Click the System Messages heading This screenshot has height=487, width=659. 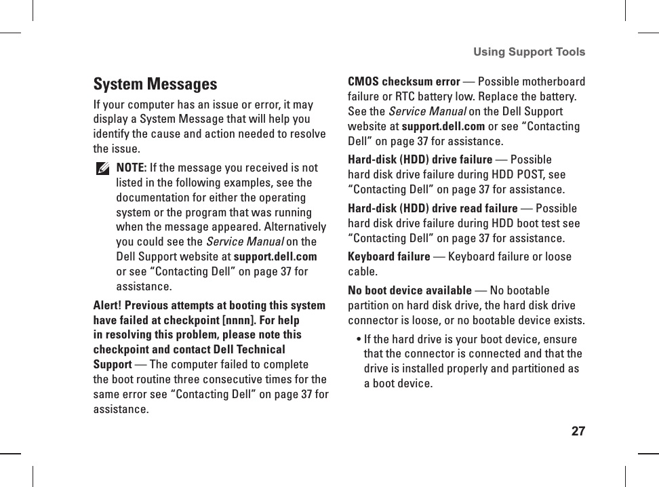click(x=155, y=85)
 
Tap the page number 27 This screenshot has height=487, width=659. click(x=578, y=431)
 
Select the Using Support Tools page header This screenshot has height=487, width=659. click(x=529, y=52)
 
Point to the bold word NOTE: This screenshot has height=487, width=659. click(x=132, y=168)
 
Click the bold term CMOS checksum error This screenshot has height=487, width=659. click(x=403, y=82)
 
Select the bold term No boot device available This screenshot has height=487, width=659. click(x=410, y=290)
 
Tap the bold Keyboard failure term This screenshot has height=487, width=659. click(x=388, y=256)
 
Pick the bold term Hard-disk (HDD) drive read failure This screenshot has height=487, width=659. click(x=433, y=208)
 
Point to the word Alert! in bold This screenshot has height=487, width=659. click(x=107, y=305)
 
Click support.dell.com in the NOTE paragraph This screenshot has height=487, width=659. click(x=275, y=257)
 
